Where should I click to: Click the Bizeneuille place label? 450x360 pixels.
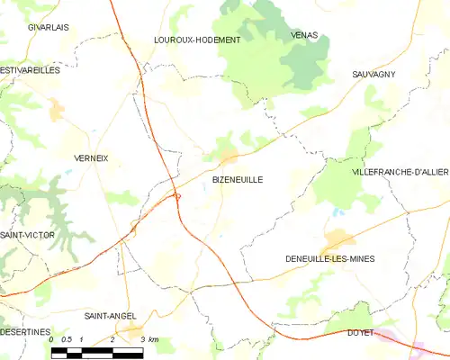(x=238, y=179)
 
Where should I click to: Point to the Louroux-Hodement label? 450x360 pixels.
(x=197, y=40)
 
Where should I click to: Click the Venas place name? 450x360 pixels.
(x=304, y=34)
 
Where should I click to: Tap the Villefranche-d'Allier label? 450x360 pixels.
(x=400, y=171)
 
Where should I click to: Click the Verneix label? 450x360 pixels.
(x=90, y=157)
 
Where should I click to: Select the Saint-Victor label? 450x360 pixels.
(x=24, y=235)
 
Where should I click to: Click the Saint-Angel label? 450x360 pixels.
(x=110, y=316)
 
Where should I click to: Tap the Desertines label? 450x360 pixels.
(x=25, y=332)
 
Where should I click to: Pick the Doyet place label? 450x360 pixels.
(x=360, y=332)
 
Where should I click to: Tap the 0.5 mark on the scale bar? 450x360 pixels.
(x=67, y=339)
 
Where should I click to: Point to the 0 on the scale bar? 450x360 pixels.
(x=52, y=339)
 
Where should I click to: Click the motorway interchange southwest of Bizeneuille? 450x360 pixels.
(x=176, y=196)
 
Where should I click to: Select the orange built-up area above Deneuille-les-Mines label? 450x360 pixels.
(x=339, y=239)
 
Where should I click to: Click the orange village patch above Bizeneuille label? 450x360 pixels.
(x=230, y=159)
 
